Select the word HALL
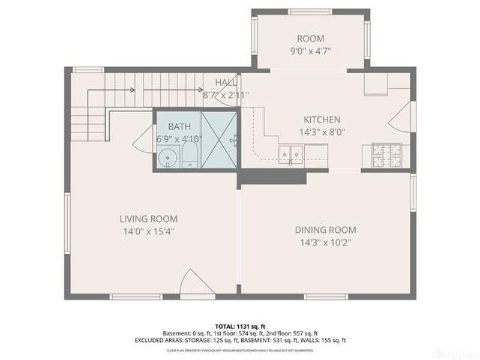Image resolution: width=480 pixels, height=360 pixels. [x=226, y=82]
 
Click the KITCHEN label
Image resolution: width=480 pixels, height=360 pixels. [x=322, y=119]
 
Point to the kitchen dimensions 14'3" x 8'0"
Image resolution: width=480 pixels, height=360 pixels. [x=322, y=133]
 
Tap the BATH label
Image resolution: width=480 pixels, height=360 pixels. [x=179, y=126]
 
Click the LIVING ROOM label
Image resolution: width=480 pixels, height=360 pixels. [x=148, y=219]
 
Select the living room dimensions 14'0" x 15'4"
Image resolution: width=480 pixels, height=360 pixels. [x=148, y=231]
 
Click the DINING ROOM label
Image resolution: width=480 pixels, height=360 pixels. [x=325, y=230]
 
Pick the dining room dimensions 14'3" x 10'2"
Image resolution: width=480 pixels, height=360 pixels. [x=325, y=243]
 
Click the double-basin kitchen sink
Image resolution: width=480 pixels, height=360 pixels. [x=292, y=154]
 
